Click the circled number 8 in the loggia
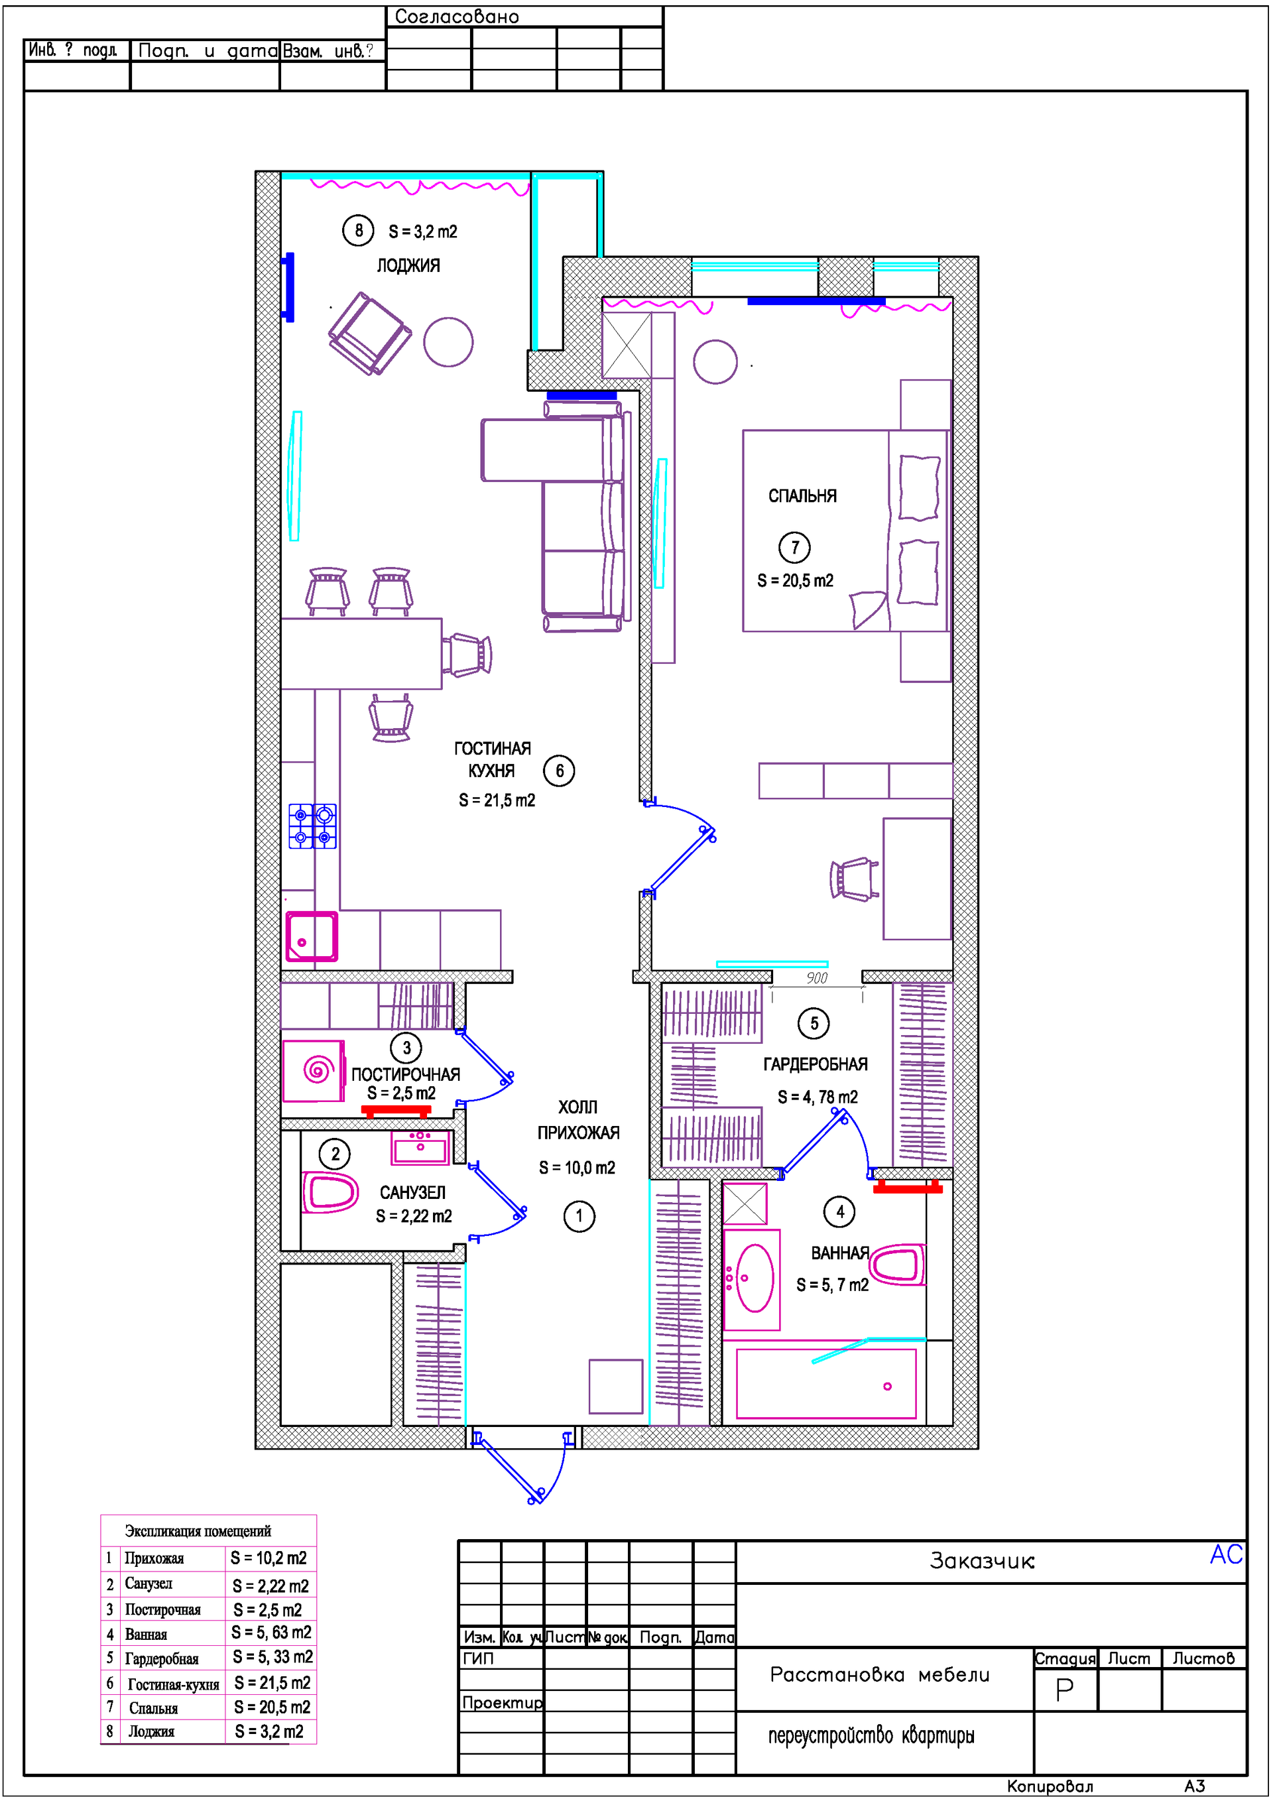359,231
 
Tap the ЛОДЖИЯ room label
408,266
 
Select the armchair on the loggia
369,334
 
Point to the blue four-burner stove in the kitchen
312,826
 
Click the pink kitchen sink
312,936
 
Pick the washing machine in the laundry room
314,1070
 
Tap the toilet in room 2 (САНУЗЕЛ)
330,1192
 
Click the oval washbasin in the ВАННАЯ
754,1278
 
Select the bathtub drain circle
887,1386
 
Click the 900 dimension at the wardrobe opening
816,978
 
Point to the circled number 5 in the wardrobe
814,1023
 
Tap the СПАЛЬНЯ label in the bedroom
802,497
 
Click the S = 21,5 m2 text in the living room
497,800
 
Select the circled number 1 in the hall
579,1217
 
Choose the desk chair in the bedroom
854,879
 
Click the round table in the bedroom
715,361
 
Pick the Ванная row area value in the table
271,1633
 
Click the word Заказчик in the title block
981,1561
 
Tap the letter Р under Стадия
1063,1690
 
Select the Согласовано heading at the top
457,17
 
